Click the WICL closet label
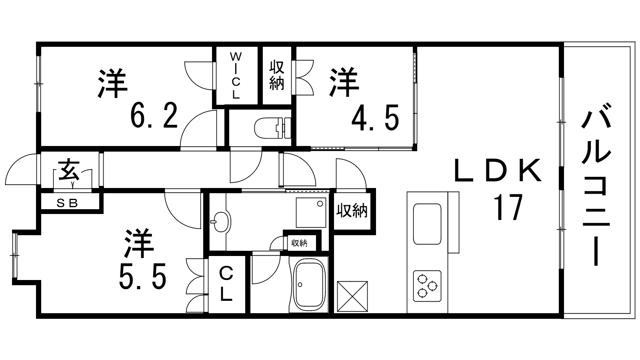tap(236, 76)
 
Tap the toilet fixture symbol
tap(272, 127)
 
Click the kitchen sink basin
tap(427, 224)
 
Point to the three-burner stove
tap(427, 286)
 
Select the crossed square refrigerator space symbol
tap(352, 296)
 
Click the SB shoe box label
tap(67, 203)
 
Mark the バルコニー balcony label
tap(596, 184)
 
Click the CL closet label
tap(226, 284)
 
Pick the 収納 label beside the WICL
tap(276, 75)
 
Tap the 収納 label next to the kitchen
tap(352, 210)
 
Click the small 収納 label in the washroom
tap(299, 243)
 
